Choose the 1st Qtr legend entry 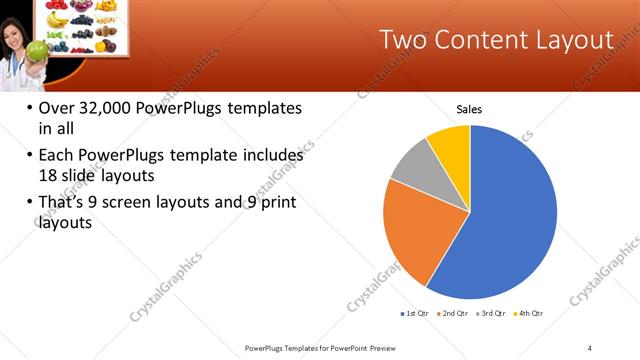click(x=414, y=313)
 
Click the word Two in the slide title click(x=407, y=40)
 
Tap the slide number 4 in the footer click(x=590, y=347)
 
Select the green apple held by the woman click(x=38, y=49)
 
